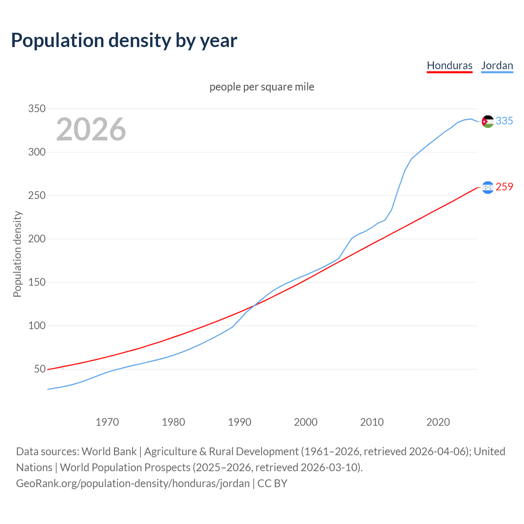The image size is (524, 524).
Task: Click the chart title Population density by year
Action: click(124, 41)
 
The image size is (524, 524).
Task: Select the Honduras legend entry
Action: click(449, 65)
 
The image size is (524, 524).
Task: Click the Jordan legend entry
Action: click(497, 65)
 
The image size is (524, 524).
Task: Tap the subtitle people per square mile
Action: click(262, 87)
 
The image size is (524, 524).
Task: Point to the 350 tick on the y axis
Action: click(36, 109)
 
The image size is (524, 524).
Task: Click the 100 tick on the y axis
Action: click(36, 326)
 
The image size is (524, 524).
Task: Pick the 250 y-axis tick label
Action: click(36, 196)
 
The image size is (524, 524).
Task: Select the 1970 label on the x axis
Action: click(107, 422)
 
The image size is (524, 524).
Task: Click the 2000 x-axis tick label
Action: click(306, 422)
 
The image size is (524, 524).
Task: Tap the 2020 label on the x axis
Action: click(438, 422)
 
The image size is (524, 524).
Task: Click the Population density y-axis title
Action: click(17, 254)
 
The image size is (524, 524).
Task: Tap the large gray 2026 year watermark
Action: click(91, 129)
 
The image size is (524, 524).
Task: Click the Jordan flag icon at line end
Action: click(488, 121)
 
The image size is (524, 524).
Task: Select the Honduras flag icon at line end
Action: click(488, 187)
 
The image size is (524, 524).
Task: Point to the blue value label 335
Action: click(504, 121)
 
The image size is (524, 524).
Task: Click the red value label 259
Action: click(504, 187)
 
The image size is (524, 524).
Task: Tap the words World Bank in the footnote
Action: click(109, 452)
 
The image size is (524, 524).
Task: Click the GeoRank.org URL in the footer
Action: click(133, 483)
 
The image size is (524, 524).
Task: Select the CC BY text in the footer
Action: click(272, 483)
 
